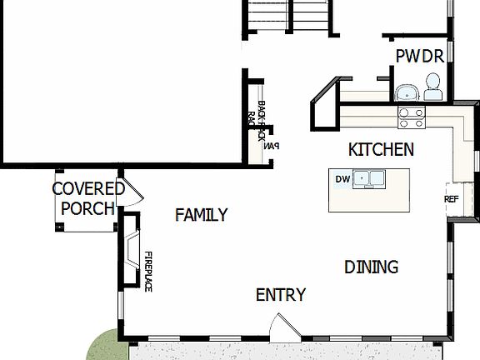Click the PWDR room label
point(420,57)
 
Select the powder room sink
point(406,91)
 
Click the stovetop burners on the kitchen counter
point(409,117)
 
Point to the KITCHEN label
point(381,150)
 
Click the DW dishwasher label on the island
point(342,178)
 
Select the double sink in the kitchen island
point(367,178)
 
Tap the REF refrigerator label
point(452,200)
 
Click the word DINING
point(371,267)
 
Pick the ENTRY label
point(280,295)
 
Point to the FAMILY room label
point(201,216)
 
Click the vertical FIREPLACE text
point(148,271)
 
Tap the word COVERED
point(88,189)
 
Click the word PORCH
point(87,208)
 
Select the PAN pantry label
point(270,146)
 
